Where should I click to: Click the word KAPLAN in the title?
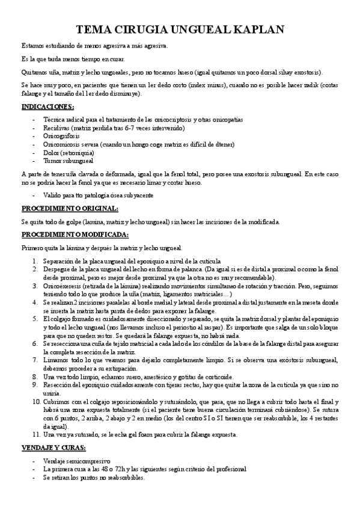(x=252, y=30)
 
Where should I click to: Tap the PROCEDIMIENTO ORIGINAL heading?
(x=70, y=209)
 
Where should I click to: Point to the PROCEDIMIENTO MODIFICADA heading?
(x=74, y=234)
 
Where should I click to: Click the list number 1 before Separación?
(x=35, y=261)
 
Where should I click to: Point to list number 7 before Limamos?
(x=35, y=359)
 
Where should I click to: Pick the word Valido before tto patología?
(x=53, y=196)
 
